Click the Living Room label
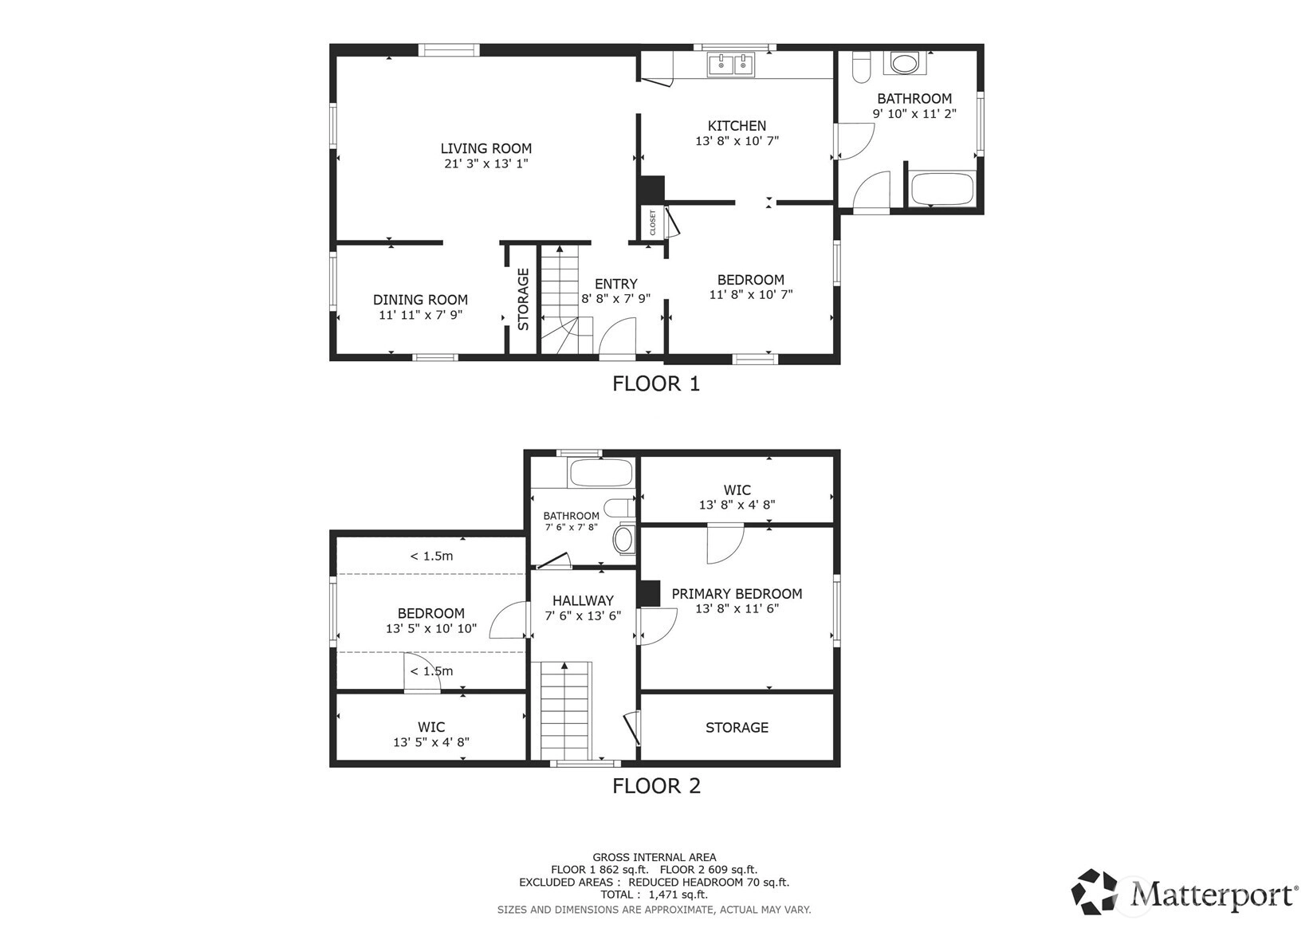(x=486, y=148)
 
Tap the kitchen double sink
(x=731, y=65)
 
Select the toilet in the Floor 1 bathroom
(x=862, y=67)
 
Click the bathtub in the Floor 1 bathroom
(x=942, y=188)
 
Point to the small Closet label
(x=652, y=222)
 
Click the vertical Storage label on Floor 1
(x=523, y=299)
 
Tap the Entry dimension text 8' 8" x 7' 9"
(x=615, y=298)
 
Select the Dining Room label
(x=420, y=300)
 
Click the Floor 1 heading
(x=656, y=383)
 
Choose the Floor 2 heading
(x=656, y=785)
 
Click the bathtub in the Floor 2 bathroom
(x=601, y=473)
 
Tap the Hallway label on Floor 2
(x=583, y=600)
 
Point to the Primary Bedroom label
(x=737, y=593)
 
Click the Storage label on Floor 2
(x=737, y=727)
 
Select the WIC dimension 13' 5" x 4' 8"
(x=430, y=742)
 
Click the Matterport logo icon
(x=1094, y=891)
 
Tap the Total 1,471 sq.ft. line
(x=655, y=895)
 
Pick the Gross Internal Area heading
(x=655, y=857)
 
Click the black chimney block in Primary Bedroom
(x=649, y=593)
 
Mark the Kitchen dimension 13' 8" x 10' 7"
(x=737, y=140)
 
